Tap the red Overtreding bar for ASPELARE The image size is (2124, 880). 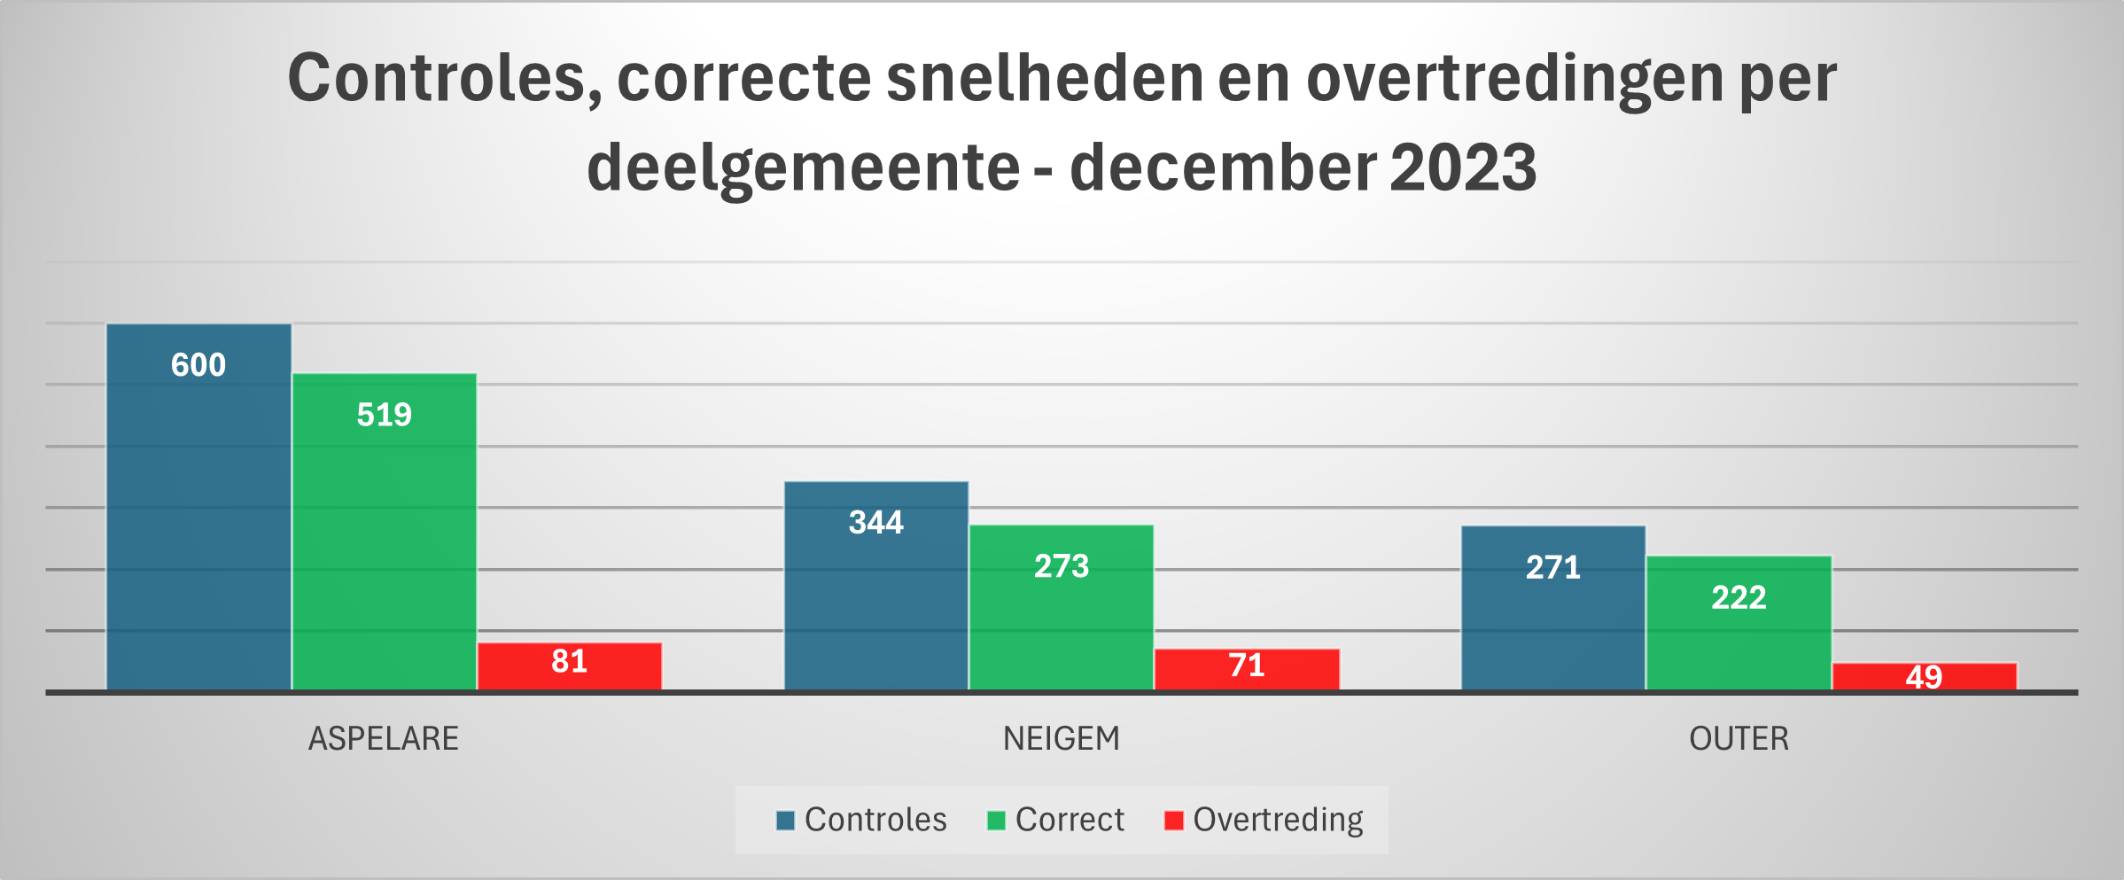point(570,666)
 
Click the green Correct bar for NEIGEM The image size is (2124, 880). point(1062,620)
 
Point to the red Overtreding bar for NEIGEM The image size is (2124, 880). point(1247,669)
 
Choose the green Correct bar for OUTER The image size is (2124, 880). point(1739,638)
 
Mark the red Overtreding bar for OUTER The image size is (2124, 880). point(1924,676)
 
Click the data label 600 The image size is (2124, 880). point(198,365)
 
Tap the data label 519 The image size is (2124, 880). point(384,415)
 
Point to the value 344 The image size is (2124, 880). point(876,523)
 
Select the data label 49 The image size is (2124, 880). point(1924,677)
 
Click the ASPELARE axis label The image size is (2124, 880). point(384,738)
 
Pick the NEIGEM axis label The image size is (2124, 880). point(1062,738)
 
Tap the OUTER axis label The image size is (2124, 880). point(1739,738)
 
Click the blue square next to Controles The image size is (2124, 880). point(785,821)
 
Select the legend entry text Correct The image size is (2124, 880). point(1070,820)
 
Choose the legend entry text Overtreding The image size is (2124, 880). point(1278,820)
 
